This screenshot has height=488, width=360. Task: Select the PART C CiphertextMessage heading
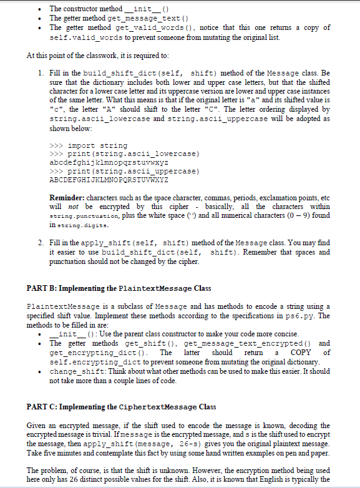[122, 406]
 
